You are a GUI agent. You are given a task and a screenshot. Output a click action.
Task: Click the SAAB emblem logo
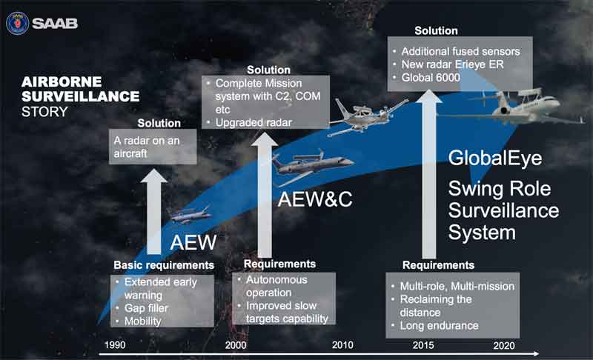(17, 23)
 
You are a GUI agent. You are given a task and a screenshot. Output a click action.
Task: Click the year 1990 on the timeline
(115, 345)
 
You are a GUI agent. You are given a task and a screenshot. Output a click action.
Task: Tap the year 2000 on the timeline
(236, 345)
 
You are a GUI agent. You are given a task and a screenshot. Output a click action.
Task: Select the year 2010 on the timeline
(342, 345)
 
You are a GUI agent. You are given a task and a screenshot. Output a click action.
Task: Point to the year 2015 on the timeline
(423, 345)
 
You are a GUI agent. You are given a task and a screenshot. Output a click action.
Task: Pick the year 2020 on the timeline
(504, 345)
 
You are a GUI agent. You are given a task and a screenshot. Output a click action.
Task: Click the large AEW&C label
(315, 199)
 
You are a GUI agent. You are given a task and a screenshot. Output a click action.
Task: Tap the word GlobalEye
(495, 159)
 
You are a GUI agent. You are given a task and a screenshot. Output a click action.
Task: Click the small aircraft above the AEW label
(191, 216)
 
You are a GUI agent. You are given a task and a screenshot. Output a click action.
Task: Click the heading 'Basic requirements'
(164, 265)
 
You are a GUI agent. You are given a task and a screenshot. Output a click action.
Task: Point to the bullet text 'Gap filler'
(146, 308)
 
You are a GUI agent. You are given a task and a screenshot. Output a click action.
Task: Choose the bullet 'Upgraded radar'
(254, 122)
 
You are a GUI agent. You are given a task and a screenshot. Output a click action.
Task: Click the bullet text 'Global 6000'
(431, 78)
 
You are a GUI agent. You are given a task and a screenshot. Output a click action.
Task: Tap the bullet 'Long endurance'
(439, 326)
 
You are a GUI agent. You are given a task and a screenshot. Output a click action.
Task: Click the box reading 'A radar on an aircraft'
(153, 147)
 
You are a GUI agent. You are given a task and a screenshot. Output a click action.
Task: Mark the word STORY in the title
(44, 112)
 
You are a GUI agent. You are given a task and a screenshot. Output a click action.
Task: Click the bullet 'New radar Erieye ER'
(452, 64)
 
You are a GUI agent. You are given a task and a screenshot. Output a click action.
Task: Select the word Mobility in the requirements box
(142, 321)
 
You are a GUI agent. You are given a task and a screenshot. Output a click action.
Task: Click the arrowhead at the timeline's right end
(535, 353)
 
